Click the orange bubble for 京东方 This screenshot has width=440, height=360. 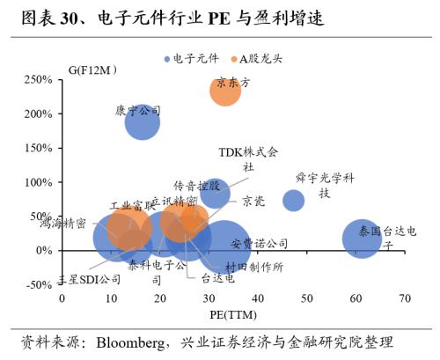(225, 90)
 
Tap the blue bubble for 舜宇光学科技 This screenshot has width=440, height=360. (293, 201)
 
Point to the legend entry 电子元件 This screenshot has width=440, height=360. (191, 58)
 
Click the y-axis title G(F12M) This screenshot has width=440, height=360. (93, 68)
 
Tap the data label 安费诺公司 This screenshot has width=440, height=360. (260, 243)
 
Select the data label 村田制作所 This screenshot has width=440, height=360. (253, 267)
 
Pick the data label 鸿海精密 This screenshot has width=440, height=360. (62, 224)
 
